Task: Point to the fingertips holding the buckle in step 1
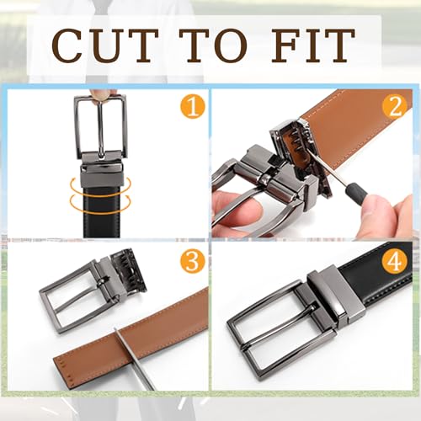[x=104, y=94]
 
